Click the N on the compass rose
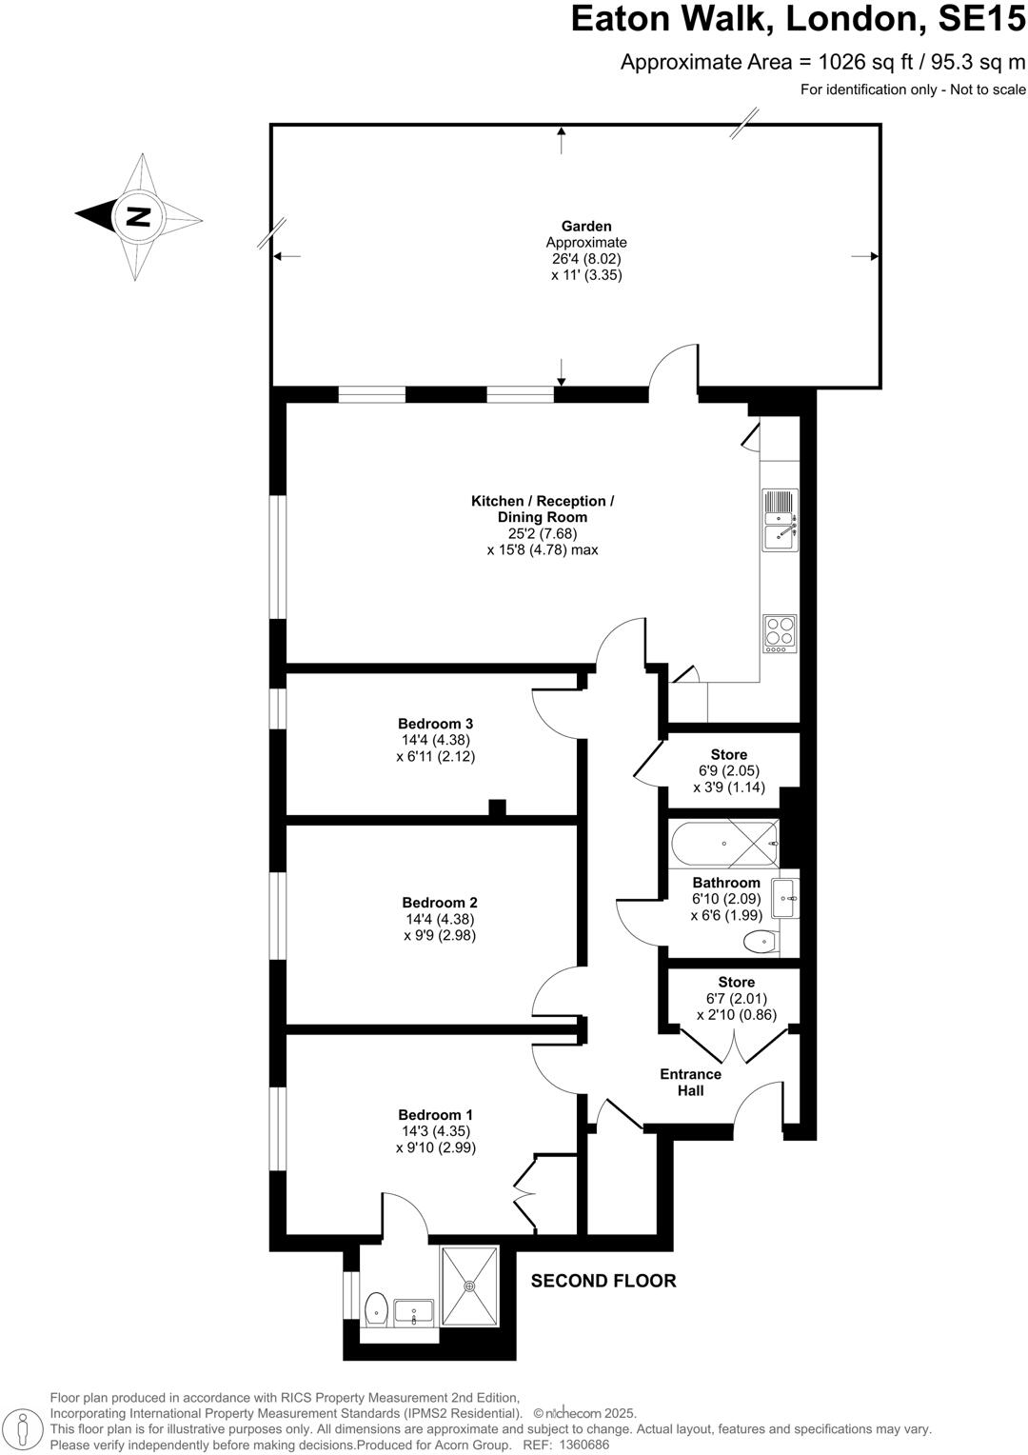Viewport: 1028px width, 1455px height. click(139, 216)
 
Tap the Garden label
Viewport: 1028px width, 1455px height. click(586, 226)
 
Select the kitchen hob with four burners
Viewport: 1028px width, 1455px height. click(780, 632)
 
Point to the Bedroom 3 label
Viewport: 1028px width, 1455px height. click(435, 723)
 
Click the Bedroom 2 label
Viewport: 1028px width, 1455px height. click(439, 902)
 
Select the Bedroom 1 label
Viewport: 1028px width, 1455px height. click(435, 1114)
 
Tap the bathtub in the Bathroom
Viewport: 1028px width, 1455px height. click(723, 844)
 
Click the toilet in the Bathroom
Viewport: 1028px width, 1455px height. click(761, 943)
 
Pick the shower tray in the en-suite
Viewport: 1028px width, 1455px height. click(469, 1286)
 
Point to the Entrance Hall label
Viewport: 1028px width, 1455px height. click(690, 1082)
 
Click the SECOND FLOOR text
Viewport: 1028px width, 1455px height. click(603, 1281)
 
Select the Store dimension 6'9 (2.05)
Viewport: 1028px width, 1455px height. click(729, 771)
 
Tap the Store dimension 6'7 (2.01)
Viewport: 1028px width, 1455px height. click(736, 998)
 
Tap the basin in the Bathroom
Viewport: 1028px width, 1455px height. click(785, 897)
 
